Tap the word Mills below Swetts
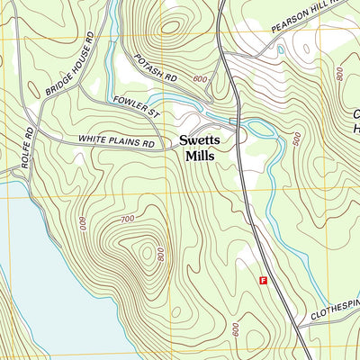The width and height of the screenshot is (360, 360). coord(203,156)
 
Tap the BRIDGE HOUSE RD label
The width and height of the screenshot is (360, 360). coord(69,66)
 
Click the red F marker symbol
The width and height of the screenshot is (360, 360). coord(263,281)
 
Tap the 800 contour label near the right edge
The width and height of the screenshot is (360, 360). coord(340,73)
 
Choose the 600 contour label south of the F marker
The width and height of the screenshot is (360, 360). coord(235,330)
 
